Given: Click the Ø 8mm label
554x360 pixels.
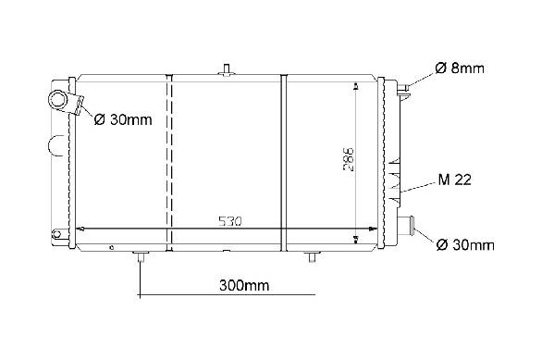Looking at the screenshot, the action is point(460,68).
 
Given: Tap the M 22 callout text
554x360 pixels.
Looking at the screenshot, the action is point(454,180).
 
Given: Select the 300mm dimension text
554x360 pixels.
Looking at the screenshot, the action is point(244,285).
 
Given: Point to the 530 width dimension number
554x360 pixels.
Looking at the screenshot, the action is point(230,221).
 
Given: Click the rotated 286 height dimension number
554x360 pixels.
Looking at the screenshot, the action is point(349,159).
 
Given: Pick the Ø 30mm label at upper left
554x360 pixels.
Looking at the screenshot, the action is point(123,120).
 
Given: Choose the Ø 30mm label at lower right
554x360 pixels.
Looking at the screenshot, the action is point(465,244).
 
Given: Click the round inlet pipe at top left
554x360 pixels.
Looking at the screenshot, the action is point(57,100).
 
